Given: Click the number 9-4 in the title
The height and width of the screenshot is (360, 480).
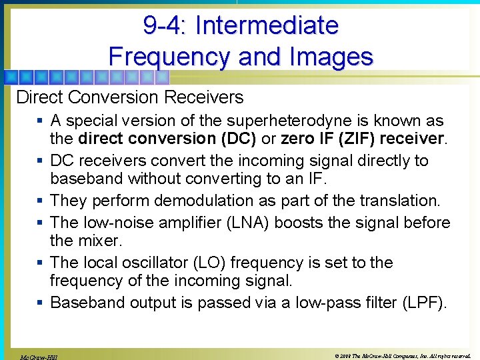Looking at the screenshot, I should point(164,25).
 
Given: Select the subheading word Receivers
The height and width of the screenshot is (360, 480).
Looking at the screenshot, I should point(205,97).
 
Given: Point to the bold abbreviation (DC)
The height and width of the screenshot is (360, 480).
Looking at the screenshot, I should point(238,139).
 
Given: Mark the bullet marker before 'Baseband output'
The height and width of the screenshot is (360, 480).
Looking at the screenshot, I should point(41,303).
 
